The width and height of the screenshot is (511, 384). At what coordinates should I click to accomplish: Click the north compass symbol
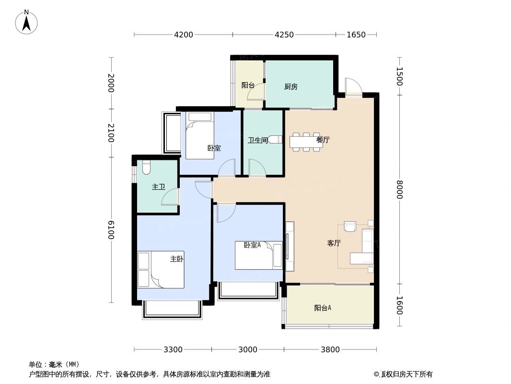(27, 22)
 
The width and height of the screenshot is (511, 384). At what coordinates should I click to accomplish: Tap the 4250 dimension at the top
(284, 35)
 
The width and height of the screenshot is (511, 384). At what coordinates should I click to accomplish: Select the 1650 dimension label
(356, 35)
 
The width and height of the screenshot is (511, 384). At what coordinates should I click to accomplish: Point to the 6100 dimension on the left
(111, 229)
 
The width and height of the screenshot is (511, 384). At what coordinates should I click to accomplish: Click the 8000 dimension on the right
(399, 189)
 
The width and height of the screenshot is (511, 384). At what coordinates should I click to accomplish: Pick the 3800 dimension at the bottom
(330, 349)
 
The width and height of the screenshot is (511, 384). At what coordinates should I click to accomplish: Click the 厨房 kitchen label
(290, 87)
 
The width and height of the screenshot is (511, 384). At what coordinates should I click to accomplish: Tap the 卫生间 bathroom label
(257, 141)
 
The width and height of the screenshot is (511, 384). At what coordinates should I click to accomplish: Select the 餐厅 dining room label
(323, 140)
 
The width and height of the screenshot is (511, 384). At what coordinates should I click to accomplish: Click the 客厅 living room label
(334, 243)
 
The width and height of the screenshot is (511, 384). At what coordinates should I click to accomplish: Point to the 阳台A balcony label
(323, 308)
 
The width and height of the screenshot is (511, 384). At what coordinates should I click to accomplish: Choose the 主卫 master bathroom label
(158, 187)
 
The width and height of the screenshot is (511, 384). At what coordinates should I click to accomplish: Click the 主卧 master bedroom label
(176, 259)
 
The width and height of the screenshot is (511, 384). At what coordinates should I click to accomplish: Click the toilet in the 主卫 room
(146, 167)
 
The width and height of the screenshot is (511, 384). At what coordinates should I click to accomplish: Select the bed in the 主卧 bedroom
(161, 270)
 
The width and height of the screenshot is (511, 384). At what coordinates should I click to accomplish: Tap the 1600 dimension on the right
(399, 305)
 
